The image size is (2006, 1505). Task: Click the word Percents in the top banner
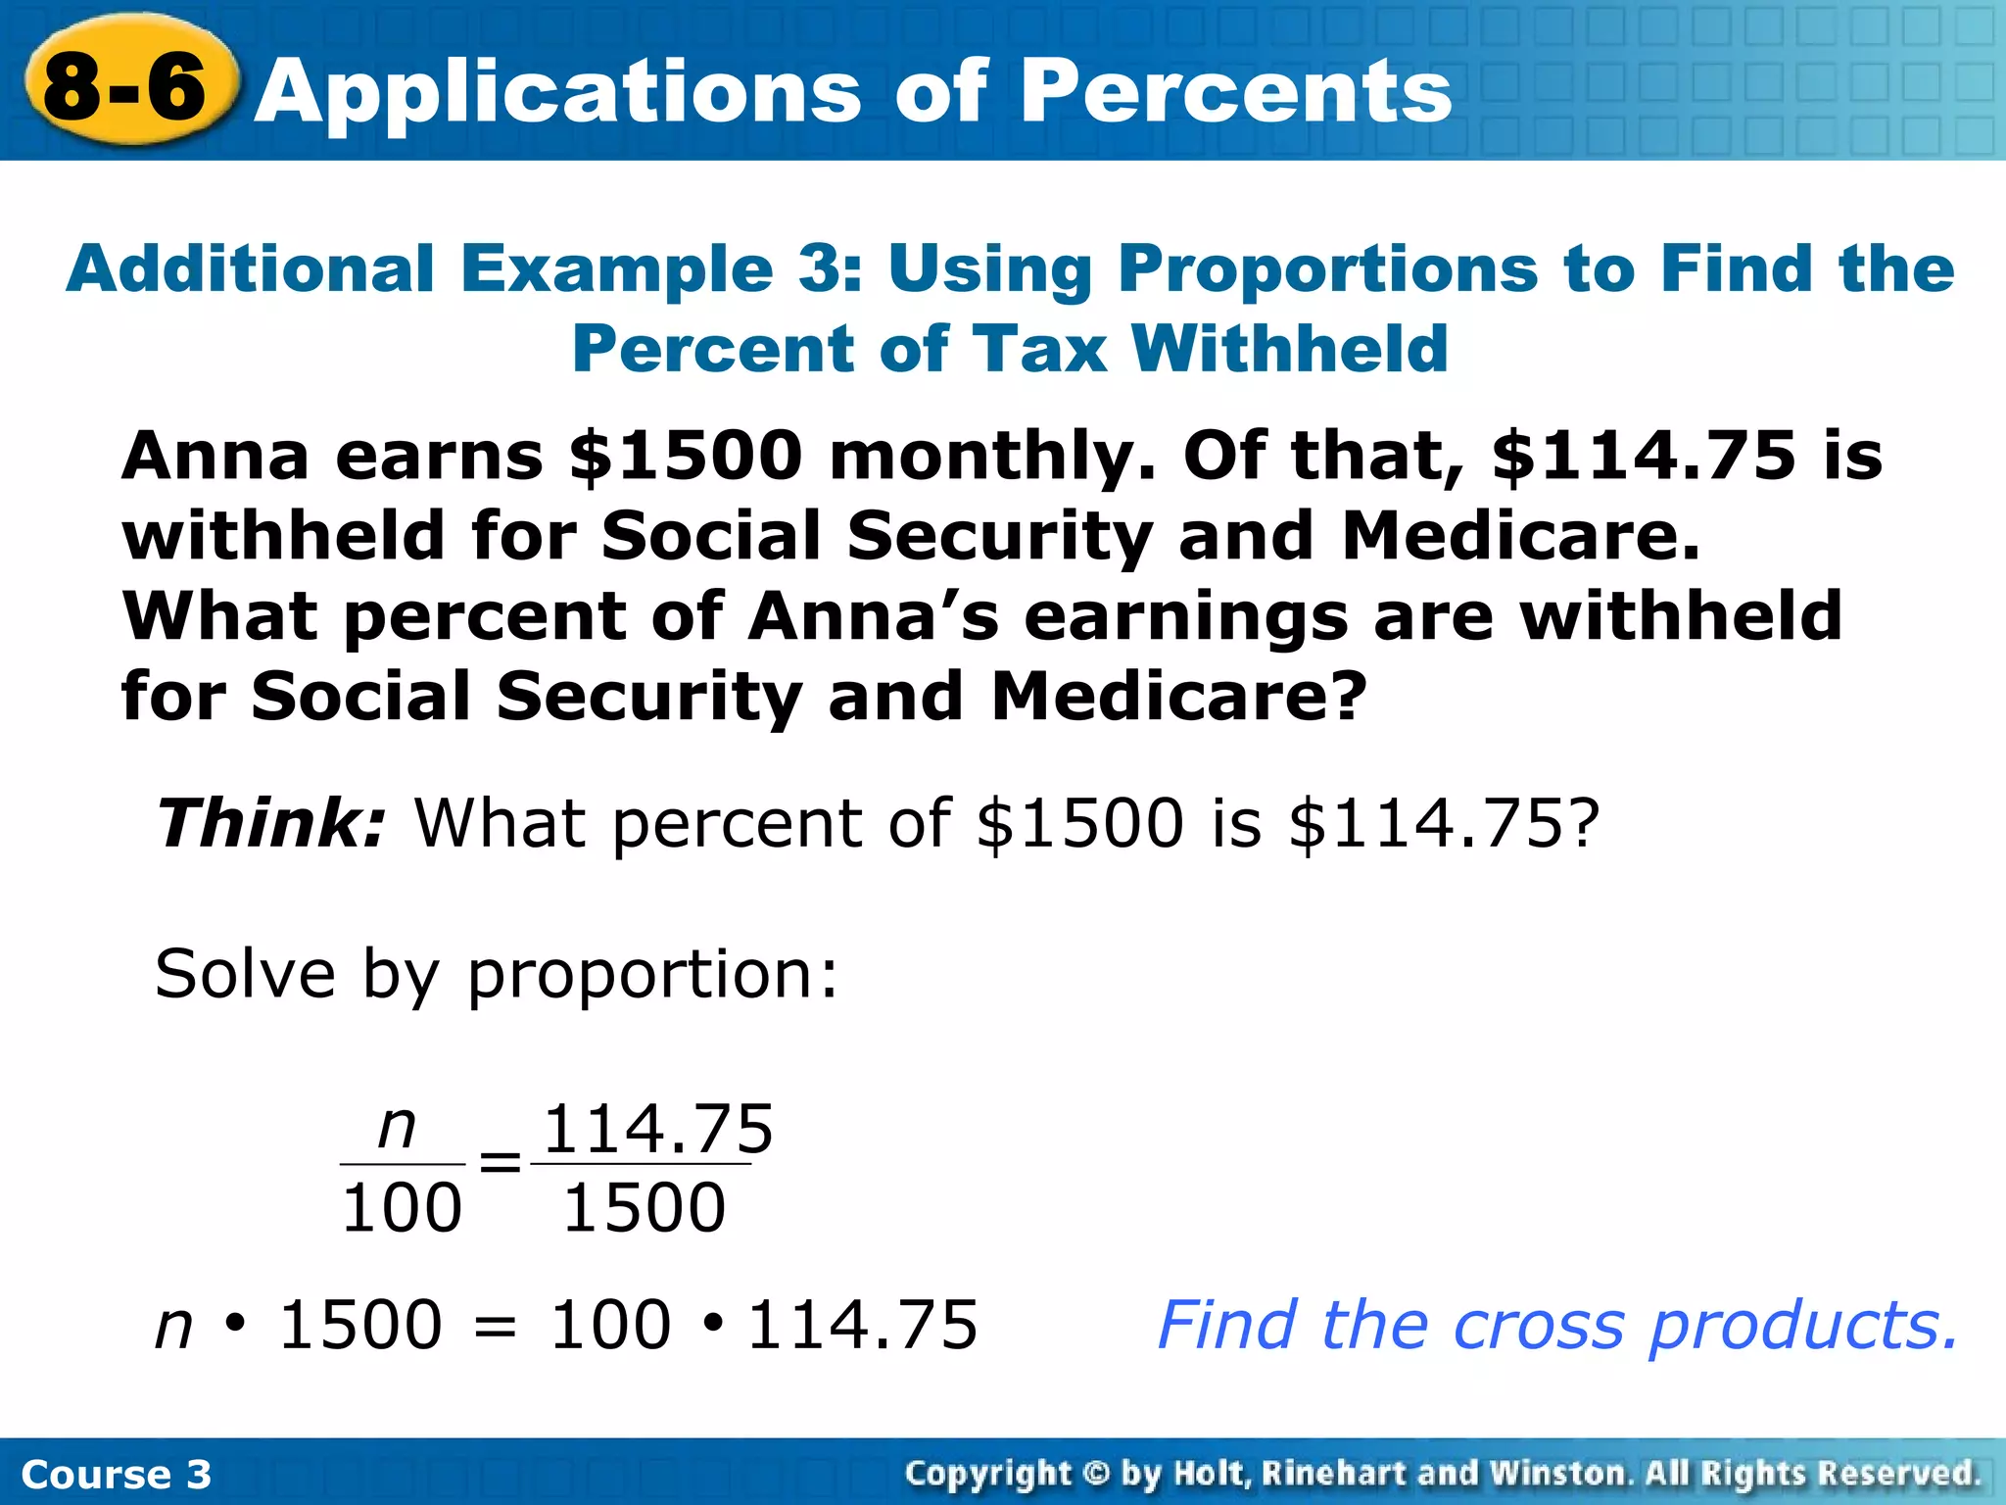click(1236, 91)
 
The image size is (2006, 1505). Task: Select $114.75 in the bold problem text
click(1644, 457)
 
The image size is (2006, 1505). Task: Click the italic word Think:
click(272, 823)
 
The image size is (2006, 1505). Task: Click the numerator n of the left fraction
click(398, 1128)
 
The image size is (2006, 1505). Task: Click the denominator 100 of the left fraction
click(402, 1208)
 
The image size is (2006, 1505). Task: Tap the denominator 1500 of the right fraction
click(645, 1208)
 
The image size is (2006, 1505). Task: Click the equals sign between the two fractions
click(500, 1164)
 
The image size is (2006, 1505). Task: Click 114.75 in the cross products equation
click(862, 1326)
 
